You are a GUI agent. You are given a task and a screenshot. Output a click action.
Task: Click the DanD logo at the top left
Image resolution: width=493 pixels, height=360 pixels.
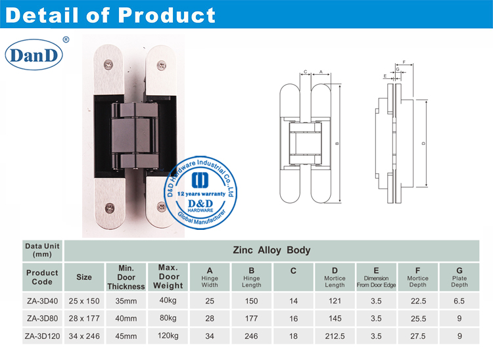point(34,55)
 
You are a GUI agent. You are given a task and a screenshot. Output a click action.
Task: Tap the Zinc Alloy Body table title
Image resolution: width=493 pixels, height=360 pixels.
point(271,250)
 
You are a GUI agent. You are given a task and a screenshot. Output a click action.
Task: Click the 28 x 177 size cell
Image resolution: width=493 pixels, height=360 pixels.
point(84,318)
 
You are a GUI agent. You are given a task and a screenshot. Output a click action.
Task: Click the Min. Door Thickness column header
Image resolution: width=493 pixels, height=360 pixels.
point(126,277)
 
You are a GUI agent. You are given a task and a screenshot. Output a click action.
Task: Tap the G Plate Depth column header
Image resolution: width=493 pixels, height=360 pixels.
point(459,277)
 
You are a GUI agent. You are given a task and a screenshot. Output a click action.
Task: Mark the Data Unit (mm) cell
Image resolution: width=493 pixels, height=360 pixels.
point(42,250)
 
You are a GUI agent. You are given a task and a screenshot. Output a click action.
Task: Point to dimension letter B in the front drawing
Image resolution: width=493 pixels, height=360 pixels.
point(337,144)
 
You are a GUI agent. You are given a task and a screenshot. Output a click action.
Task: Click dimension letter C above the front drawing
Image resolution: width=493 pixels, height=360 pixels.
point(306,71)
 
